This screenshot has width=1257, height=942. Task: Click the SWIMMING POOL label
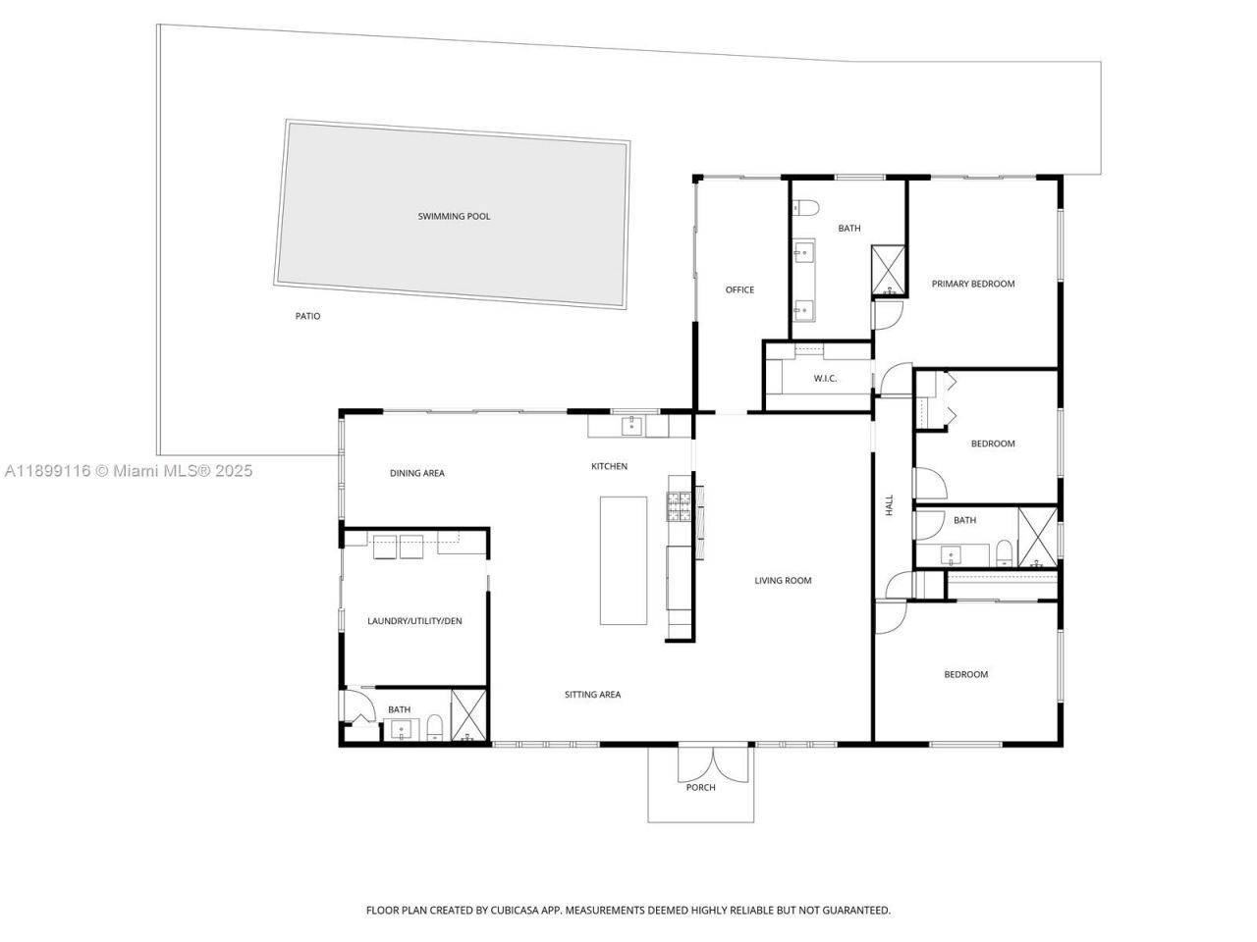(x=454, y=216)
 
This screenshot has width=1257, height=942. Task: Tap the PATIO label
(x=307, y=316)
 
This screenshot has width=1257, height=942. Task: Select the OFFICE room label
(x=739, y=289)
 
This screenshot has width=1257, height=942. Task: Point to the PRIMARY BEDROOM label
(x=972, y=284)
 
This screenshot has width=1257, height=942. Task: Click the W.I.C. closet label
(x=825, y=379)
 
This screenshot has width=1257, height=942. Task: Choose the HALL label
(x=890, y=505)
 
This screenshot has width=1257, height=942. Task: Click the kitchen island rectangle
(x=624, y=560)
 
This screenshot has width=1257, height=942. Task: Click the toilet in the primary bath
(x=804, y=207)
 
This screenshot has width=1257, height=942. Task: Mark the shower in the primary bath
(x=890, y=270)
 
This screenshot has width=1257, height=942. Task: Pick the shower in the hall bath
(x=1038, y=537)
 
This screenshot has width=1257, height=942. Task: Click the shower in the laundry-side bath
(x=468, y=715)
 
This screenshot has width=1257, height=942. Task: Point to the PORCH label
(x=700, y=787)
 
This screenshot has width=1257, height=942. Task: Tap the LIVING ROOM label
(x=783, y=580)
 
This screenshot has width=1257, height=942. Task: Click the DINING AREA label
(x=417, y=473)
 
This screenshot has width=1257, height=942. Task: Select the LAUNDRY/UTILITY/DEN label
(x=414, y=621)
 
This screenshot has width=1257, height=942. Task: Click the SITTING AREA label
(x=592, y=695)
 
